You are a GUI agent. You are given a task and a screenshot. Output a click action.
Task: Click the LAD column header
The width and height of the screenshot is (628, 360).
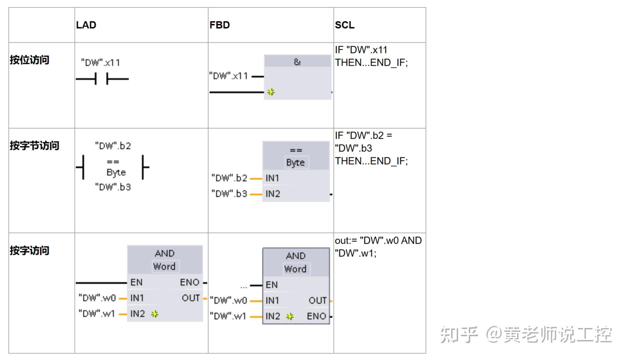tap(86, 25)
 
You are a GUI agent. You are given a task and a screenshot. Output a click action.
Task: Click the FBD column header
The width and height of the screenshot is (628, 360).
tap(219, 25)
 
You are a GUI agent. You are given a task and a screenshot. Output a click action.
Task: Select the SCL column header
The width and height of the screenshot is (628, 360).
tap(344, 25)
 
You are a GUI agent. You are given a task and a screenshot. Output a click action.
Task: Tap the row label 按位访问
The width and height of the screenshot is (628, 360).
tap(29, 60)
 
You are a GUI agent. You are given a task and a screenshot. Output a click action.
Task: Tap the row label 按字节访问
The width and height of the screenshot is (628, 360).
tap(34, 146)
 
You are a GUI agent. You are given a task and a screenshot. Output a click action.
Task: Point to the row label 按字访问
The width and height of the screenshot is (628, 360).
tap(29, 250)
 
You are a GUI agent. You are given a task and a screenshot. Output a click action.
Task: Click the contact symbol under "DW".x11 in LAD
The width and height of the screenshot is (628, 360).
tap(102, 79)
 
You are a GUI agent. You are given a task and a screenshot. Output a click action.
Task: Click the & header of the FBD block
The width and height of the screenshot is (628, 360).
tap(297, 62)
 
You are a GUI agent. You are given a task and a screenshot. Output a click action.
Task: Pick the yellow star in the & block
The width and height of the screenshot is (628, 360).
tap(271, 92)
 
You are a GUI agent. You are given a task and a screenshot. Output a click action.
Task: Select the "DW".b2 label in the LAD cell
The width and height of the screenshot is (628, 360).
tap(113, 146)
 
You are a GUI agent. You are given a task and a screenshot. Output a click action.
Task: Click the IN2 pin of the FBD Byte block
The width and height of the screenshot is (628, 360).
tap(273, 194)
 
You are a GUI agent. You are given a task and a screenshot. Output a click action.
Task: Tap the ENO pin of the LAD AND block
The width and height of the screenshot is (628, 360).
tap(190, 283)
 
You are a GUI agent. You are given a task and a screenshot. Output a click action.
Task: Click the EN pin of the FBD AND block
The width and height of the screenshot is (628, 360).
tap(272, 285)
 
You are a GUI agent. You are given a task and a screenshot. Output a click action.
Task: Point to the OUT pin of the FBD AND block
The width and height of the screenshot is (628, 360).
tap(317, 300)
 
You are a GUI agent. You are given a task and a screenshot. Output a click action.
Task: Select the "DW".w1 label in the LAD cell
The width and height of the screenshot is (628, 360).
tap(97, 314)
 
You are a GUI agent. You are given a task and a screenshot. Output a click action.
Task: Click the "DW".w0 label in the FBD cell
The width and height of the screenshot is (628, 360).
tap(228, 300)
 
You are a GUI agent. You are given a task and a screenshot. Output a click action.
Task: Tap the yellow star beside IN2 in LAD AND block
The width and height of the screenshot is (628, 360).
tap(155, 314)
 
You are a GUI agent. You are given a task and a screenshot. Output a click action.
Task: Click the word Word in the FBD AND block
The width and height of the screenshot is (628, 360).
tap(295, 269)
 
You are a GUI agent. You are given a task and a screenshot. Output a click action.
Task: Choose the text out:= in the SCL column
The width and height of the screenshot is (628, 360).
tap(346, 241)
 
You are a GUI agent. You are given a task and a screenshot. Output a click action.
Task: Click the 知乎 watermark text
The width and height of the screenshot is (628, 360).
tap(459, 335)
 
